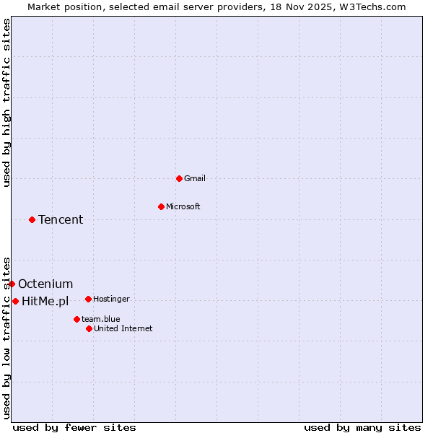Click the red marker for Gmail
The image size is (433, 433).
[179, 178]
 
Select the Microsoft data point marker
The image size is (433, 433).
[161, 206]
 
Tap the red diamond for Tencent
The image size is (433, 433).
[32, 219]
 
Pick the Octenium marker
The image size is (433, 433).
[12, 284]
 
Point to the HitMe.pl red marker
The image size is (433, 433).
[15, 301]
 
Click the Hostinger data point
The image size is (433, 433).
[88, 299]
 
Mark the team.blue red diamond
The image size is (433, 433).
[76, 319]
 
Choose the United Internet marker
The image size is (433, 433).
[89, 328]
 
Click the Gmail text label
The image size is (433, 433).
[196, 178]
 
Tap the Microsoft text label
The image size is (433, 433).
[183, 206]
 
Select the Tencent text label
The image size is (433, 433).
[61, 219]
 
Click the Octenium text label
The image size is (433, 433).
[45, 284]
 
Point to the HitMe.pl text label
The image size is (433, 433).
[45, 301]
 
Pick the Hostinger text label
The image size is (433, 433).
[111, 299]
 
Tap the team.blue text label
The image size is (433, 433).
[100, 319]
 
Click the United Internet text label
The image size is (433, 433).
[123, 328]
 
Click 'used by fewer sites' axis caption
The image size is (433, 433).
[74, 427]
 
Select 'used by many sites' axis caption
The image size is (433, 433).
[362, 427]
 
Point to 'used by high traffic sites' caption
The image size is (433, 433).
[6, 102]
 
